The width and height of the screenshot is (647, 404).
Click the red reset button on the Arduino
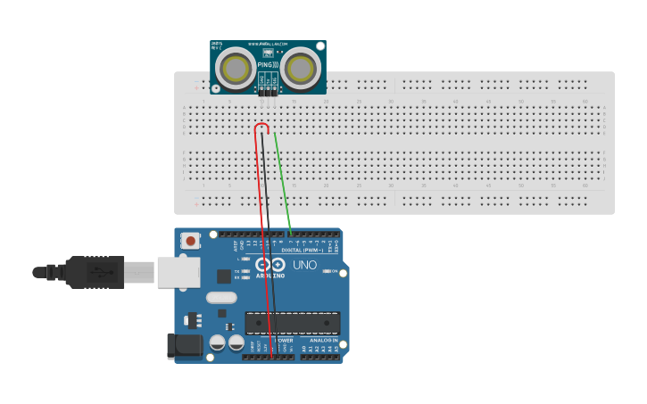point(190,240)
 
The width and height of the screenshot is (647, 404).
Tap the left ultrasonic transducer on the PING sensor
point(236,68)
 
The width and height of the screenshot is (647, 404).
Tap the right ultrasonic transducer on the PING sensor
point(301,68)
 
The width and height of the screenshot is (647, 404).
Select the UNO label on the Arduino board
point(305,265)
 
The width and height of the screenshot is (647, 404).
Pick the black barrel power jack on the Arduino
point(183,346)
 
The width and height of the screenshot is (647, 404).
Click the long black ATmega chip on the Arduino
point(293,323)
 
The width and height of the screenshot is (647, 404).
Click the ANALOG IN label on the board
point(323,340)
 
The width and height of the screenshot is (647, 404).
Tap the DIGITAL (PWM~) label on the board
point(303,250)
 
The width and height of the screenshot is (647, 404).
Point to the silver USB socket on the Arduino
point(178,272)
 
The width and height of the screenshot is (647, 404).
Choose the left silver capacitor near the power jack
point(217,342)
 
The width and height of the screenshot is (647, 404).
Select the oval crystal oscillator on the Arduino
point(221,298)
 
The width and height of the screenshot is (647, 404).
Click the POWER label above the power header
point(283,340)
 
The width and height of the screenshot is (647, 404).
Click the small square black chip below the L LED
point(223,276)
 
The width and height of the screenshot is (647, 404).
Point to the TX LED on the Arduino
point(245,271)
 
